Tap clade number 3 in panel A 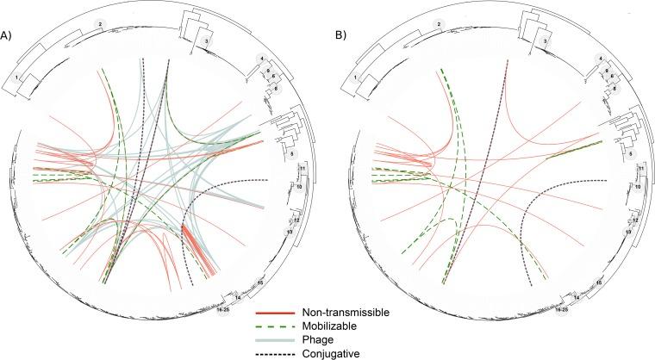pos(205,40)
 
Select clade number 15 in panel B pos(598,282)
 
